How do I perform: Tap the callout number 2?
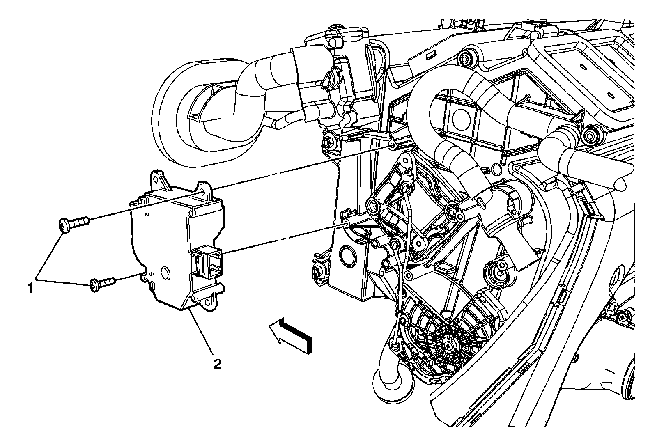pyautogui.click(x=217, y=364)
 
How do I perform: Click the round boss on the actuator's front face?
pyautogui.click(x=166, y=272)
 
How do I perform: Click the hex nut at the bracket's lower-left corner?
pyautogui.click(x=319, y=271)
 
